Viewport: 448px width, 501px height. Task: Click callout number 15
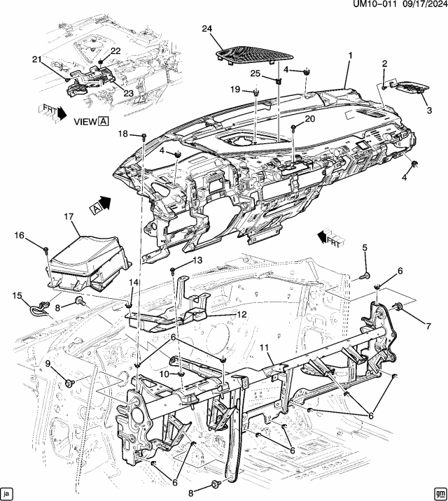(x=15, y=295)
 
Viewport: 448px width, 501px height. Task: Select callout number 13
(x=197, y=260)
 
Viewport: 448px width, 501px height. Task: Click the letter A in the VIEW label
(x=103, y=120)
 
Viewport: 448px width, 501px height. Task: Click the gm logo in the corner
(x=439, y=492)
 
